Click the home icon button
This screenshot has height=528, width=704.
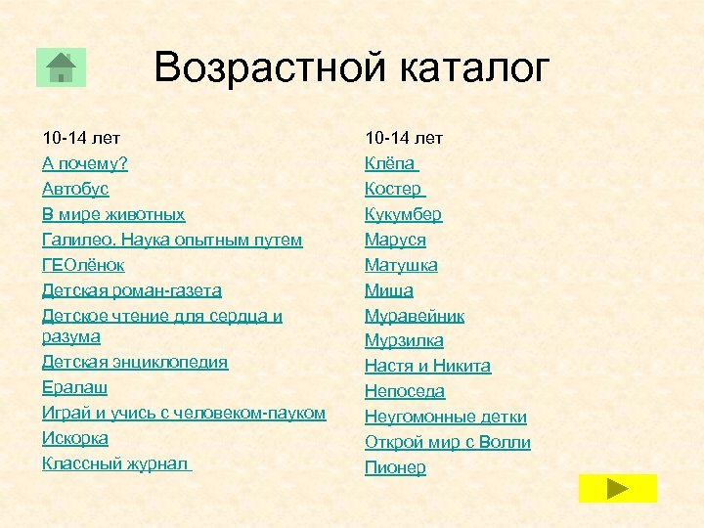click(61, 67)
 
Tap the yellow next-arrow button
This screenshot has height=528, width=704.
click(617, 488)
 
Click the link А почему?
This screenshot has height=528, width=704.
click(85, 162)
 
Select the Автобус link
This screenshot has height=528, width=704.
click(75, 188)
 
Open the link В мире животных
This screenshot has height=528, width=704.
click(113, 213)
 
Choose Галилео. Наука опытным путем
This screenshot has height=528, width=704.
click(172, 239)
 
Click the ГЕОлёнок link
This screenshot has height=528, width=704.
click(84, 264)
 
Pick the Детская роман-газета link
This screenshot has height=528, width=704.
click(132, 289)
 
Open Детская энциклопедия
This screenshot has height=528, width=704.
click(135, 362)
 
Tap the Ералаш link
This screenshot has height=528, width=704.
click(75, 387)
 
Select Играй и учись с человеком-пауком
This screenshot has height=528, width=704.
click(184, 413)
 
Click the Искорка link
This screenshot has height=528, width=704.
click(75, 438)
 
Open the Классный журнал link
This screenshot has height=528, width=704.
click(115, 463)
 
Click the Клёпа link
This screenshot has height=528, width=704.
click(390, 162)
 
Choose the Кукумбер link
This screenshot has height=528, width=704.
click(403, 213)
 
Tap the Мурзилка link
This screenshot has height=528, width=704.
click(404, 340)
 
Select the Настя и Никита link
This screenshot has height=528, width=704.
click(427, 366)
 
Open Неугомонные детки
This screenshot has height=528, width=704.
click(445, 417)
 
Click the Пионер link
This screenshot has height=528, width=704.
click(395, 467)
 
